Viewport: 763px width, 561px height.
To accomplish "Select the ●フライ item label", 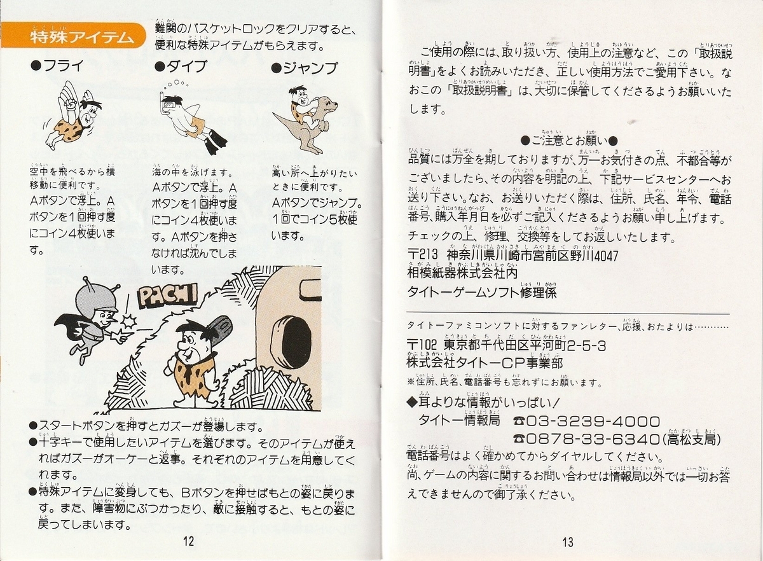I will click(x=57, y=67).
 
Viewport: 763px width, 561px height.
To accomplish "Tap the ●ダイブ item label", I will click(x=181, y=67).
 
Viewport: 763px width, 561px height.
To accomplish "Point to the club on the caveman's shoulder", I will click(x=219, y=327).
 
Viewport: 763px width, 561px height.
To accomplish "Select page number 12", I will click(x=188, y=542).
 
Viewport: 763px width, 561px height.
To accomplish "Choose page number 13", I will click(x=567, y=542).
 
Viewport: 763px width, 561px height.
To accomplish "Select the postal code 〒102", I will click(x=425, y=345).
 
